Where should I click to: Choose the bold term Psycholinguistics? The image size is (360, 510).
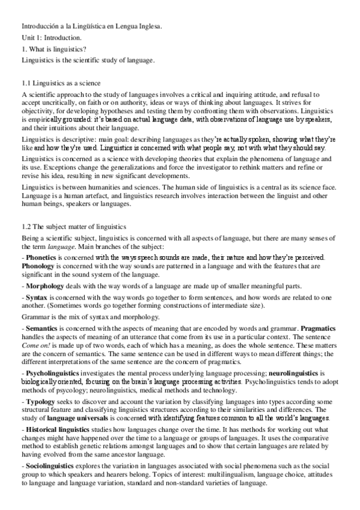tap(54, 373)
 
